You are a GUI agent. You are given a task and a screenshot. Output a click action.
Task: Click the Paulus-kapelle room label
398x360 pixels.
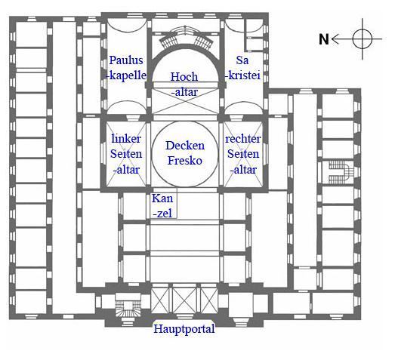(127, 68)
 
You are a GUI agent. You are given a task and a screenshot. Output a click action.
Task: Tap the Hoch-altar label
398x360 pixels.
(184, 85)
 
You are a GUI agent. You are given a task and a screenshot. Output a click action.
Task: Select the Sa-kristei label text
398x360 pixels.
(243, 68)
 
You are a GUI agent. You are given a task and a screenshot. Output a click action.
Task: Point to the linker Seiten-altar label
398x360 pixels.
(126, 154)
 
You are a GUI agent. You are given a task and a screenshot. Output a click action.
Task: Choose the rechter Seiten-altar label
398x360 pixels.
(243, 154)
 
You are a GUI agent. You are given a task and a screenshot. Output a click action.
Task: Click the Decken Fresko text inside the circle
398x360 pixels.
(185, 153)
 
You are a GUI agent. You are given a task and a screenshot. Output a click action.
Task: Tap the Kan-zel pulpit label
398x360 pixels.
(162, 206)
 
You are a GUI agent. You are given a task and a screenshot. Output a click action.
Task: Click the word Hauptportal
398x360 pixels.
(184, 329)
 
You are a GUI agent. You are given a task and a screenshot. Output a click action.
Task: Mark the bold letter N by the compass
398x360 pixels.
(324, 39)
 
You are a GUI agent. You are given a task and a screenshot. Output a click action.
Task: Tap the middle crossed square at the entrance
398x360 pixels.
(184, 301)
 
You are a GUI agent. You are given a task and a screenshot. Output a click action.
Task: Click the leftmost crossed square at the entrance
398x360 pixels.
(160, 301)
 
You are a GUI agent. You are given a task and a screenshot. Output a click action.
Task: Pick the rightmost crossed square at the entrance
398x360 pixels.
(209, 301)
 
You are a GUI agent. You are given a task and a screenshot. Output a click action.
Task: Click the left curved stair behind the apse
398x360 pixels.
(167, 41)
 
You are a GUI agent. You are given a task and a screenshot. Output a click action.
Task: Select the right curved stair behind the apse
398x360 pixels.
(203, 41)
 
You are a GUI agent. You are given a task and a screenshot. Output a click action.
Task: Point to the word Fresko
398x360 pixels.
(185, 161)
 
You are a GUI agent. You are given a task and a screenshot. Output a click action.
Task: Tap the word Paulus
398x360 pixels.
(126, 60)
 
